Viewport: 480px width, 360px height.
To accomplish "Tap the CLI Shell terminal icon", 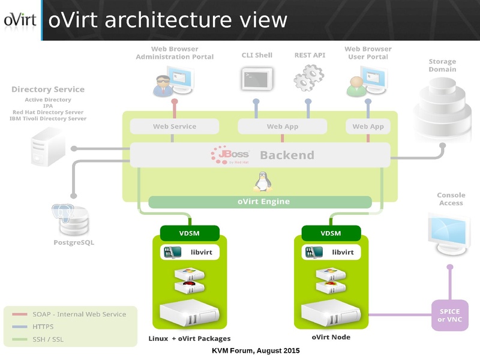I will tap(257, 78).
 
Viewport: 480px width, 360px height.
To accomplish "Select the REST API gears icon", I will tap(308, 78).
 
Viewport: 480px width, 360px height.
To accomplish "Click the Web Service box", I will tap(175, 127).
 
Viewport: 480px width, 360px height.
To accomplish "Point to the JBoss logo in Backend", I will tap(230, 155).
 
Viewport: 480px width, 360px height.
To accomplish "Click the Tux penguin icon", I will tap(261, 181).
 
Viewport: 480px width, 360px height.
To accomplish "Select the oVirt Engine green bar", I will tap(260, 202).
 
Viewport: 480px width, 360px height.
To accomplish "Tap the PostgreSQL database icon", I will tap(74, 220).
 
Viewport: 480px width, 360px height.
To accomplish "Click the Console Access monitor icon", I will tap(449, 236).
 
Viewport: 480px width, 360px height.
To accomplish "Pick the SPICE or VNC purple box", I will tap(449, 315).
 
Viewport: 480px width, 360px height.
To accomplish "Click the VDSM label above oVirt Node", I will tap(331, 233).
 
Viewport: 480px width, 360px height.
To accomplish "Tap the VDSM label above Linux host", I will tap(190, 233).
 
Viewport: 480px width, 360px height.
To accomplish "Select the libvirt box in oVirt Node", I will tap(331, 253).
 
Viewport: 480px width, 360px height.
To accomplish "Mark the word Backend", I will tap(287, 155).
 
